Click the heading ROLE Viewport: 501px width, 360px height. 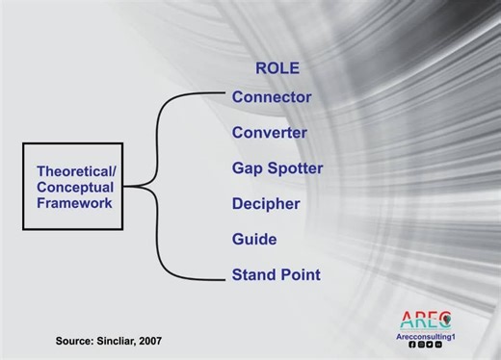click(277, 68)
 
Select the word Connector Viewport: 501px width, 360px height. click(272, 97)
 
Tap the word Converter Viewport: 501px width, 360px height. click(270, 133)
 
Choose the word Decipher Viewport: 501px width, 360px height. click(266, 204)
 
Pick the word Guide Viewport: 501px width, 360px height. click(254, 239)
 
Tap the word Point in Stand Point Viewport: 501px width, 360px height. click(301, 275)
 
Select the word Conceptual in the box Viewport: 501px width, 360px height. click(76, 187)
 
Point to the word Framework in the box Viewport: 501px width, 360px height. click(74, 203)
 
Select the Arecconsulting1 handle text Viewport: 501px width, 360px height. click(425, 336)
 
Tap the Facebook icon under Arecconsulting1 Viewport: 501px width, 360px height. click(412, 345)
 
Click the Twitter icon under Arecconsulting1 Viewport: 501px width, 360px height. click(430, 345)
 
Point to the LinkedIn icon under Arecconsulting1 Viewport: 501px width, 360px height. click(438, 345)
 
